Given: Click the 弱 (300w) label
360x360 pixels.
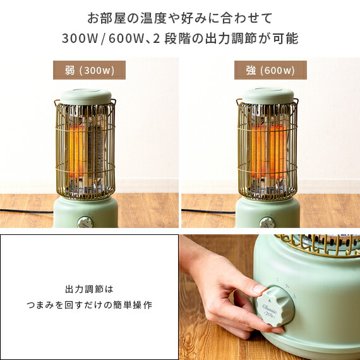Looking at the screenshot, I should click(89, 70).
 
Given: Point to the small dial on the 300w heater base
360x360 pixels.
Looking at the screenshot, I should click(84, 222).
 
